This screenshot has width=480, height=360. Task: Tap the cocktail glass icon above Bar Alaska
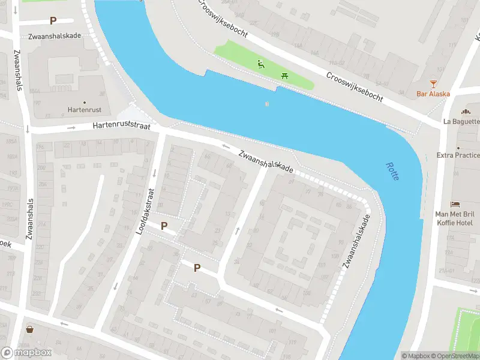tap(433, 83)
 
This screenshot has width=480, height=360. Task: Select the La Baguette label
tap(461, 121)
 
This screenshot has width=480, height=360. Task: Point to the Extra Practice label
tap(458, 155)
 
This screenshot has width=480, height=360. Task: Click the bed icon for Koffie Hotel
tap(455, 205)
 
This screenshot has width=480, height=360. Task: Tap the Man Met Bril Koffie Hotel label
tap(455, 218)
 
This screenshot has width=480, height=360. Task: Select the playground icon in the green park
tap(261, 64)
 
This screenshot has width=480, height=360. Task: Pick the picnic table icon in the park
tap(284, 76)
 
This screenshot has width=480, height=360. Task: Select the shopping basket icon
tap(30, 329)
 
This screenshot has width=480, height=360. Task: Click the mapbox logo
tap(26, 353)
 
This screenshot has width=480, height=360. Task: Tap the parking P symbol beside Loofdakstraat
tap(164, 226)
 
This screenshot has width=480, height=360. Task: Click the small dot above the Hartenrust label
tap(84, 103)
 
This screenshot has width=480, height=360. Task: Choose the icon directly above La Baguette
tap(465, 112)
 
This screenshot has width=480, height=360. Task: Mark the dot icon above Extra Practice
tap(458, 146)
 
